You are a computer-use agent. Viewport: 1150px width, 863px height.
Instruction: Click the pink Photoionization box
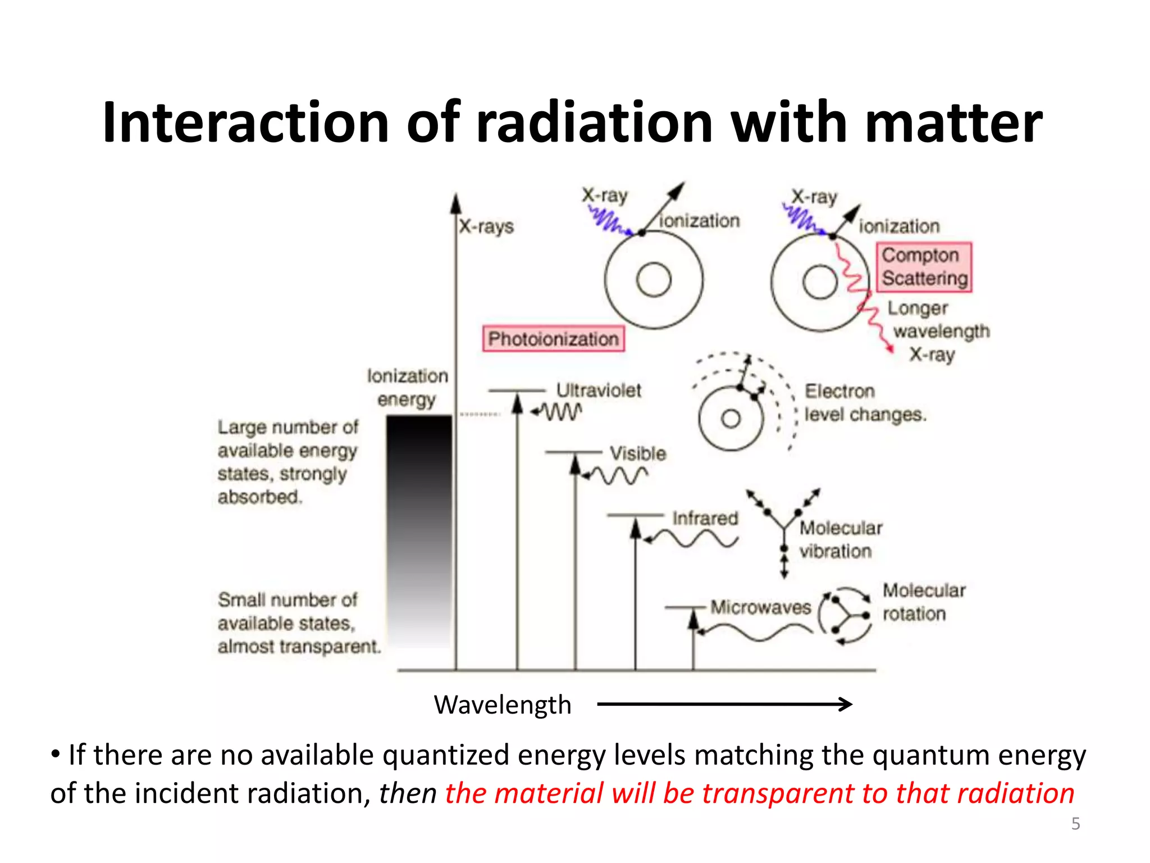pos(553,339)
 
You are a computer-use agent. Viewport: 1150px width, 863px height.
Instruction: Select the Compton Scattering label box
pos(924,267)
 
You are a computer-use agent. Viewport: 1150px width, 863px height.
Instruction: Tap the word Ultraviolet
pos(599,390)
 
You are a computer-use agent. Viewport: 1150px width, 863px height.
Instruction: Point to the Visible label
pos(638,453)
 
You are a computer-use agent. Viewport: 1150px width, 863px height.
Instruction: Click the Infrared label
pos(705,518)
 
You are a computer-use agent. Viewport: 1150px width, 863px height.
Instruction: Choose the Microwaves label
pos(761,607)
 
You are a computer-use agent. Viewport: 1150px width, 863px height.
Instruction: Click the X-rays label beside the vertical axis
pos(486,226)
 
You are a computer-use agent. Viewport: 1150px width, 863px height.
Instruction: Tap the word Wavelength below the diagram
pos(503,705)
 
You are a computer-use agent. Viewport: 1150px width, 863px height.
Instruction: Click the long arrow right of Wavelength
pos(724,704)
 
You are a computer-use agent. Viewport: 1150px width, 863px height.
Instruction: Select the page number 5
pos(1075,824)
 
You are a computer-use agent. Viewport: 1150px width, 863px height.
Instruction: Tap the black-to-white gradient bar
pos(419,531)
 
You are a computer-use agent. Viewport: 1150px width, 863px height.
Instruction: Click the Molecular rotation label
pos(924,602)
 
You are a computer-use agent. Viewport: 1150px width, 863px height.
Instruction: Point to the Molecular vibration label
pos(841,539)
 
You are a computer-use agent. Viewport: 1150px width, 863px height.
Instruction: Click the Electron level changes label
pos(865,403)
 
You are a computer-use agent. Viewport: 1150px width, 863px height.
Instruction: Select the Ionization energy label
pos(408,387)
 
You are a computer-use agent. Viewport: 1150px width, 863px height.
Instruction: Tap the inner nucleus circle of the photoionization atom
pos(654,280)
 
